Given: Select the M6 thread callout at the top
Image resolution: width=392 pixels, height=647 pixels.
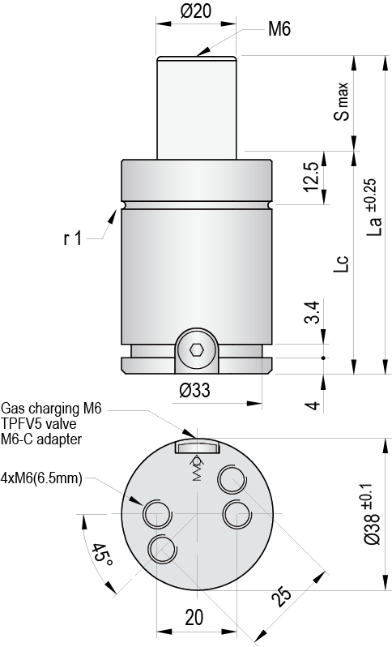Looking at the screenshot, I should click(279, 30).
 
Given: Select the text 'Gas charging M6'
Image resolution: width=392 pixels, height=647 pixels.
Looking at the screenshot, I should click(52, 408).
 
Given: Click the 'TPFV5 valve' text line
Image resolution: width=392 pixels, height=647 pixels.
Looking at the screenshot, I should click(38, 423).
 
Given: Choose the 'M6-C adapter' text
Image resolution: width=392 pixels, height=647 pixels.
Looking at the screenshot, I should click(41, 439).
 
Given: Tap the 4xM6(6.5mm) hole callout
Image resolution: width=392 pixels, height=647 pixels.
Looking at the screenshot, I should click(42, 478).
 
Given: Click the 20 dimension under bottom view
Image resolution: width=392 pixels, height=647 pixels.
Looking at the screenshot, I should click(194, 617).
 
